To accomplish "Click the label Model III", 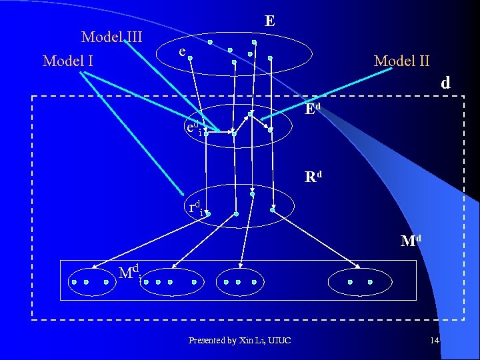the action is click(111, 37).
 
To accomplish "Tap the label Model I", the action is click(67, 61).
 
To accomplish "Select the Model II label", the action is click(402, 61).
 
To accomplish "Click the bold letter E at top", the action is click(269, 21).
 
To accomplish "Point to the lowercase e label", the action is click(181, 51).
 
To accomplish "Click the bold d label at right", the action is click(445, 83).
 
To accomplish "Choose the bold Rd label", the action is click(313, 177).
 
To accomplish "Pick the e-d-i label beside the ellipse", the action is click(193, 127).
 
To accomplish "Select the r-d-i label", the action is click(195, 208).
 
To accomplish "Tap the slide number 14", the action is click(435, 341).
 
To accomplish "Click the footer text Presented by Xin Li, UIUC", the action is click(239, 341).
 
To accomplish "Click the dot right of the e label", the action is click(190, 58).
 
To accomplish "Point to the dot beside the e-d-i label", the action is click(206, 133).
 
